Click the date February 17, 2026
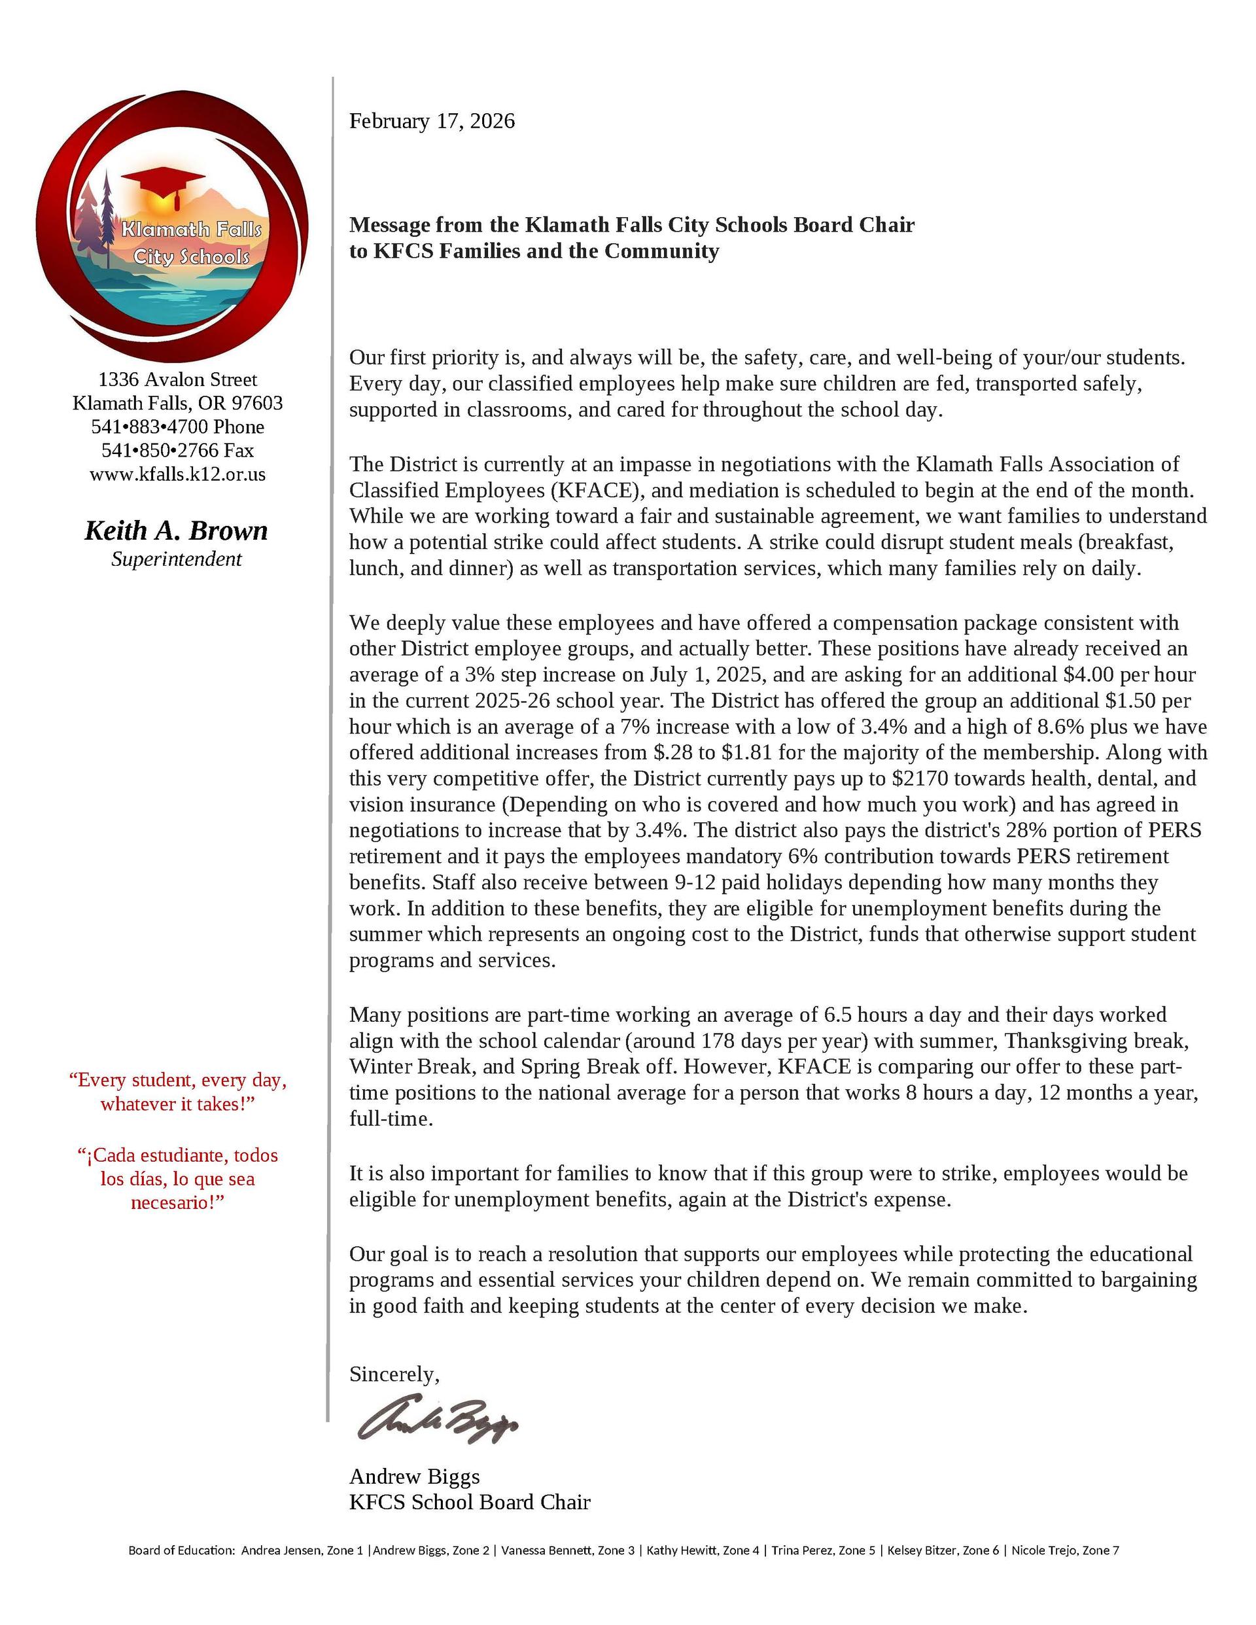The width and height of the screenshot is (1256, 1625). point(432,121)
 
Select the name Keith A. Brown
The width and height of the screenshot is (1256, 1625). point(177,531)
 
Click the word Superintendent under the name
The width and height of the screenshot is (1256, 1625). point(177,559)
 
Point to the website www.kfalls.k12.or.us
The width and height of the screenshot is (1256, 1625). point(177,474)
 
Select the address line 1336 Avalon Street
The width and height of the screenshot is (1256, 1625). point(177,379)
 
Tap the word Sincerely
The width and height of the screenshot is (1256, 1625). point(394,1374)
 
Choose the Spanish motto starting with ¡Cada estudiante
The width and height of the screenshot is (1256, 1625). point(177,1179)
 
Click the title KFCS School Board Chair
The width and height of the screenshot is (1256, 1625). point(470,1502)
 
